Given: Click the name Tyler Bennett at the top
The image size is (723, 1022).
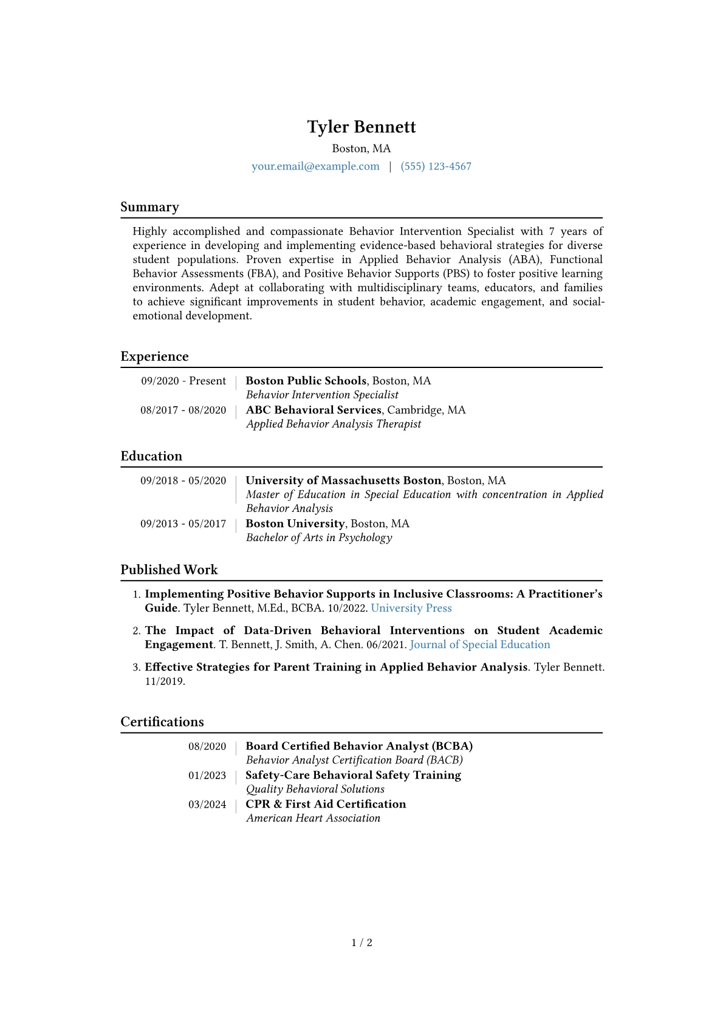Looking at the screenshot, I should (x=361, y=127).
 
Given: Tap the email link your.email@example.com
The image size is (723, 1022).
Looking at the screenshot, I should (x=315, y=166).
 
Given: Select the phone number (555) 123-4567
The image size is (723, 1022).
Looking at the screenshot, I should (x=436, y=166).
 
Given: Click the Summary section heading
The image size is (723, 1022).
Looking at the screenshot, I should (x=149, y=207).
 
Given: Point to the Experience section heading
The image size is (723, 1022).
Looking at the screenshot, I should (x=154, y=356).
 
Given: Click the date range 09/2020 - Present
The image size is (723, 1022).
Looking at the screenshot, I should (x=183, y=381).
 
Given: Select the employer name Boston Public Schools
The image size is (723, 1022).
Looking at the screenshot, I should (x=306, y=381).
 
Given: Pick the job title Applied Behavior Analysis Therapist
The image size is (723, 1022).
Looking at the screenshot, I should (x=333, y=424).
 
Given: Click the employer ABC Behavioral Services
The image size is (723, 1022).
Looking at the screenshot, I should (x=314, y=410).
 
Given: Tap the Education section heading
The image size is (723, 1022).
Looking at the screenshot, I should (x=151, y=456).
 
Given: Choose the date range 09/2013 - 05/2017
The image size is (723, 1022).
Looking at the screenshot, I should (x=183, y=523).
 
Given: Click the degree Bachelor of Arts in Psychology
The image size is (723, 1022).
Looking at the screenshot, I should (x=319, y=537).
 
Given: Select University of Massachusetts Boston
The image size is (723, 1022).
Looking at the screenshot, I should (x=343, y=480).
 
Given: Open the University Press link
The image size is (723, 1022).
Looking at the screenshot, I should (x=411, y=608).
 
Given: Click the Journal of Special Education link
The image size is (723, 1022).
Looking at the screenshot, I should (x=480, y=644).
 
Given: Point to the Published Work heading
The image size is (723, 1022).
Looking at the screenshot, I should (x=169, y=570).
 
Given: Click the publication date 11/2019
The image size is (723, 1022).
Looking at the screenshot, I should (x=164, y=681).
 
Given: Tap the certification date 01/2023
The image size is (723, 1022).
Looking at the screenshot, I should (x=207, y=775).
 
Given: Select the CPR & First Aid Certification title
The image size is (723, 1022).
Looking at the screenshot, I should (x=326, y=804).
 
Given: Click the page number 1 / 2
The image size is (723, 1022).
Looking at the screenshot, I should (x=361, y=942).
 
